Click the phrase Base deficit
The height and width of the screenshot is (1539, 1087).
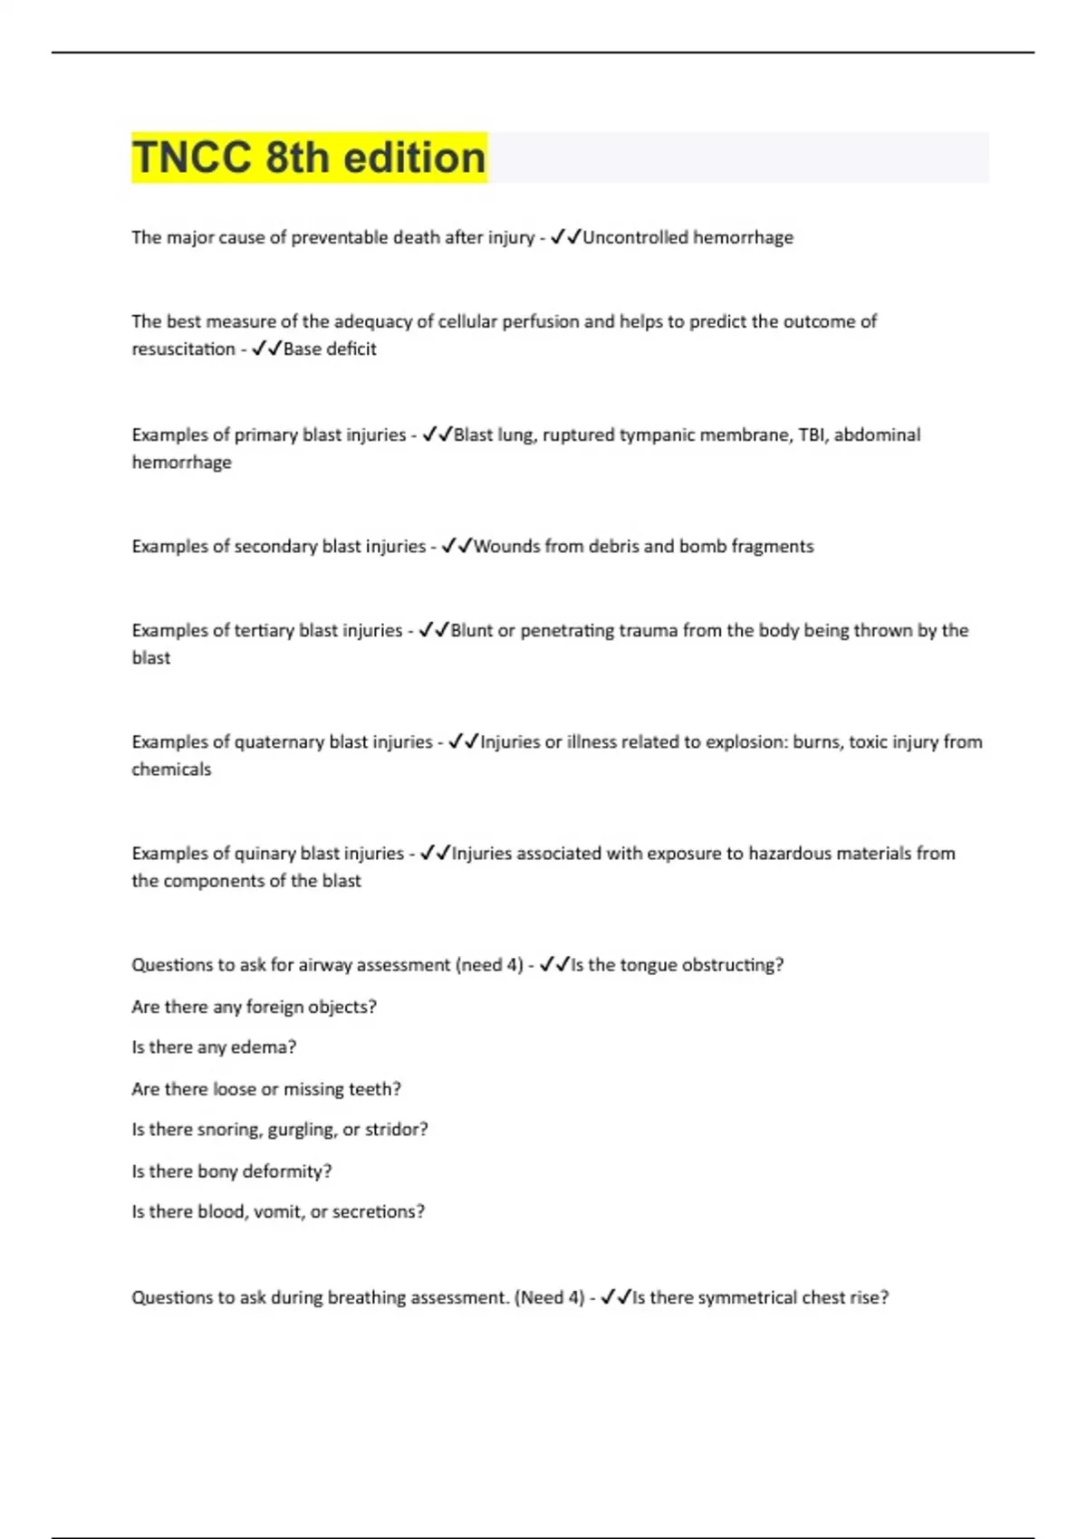coord(330,349)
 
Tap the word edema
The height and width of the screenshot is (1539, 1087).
coord(265,1047)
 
